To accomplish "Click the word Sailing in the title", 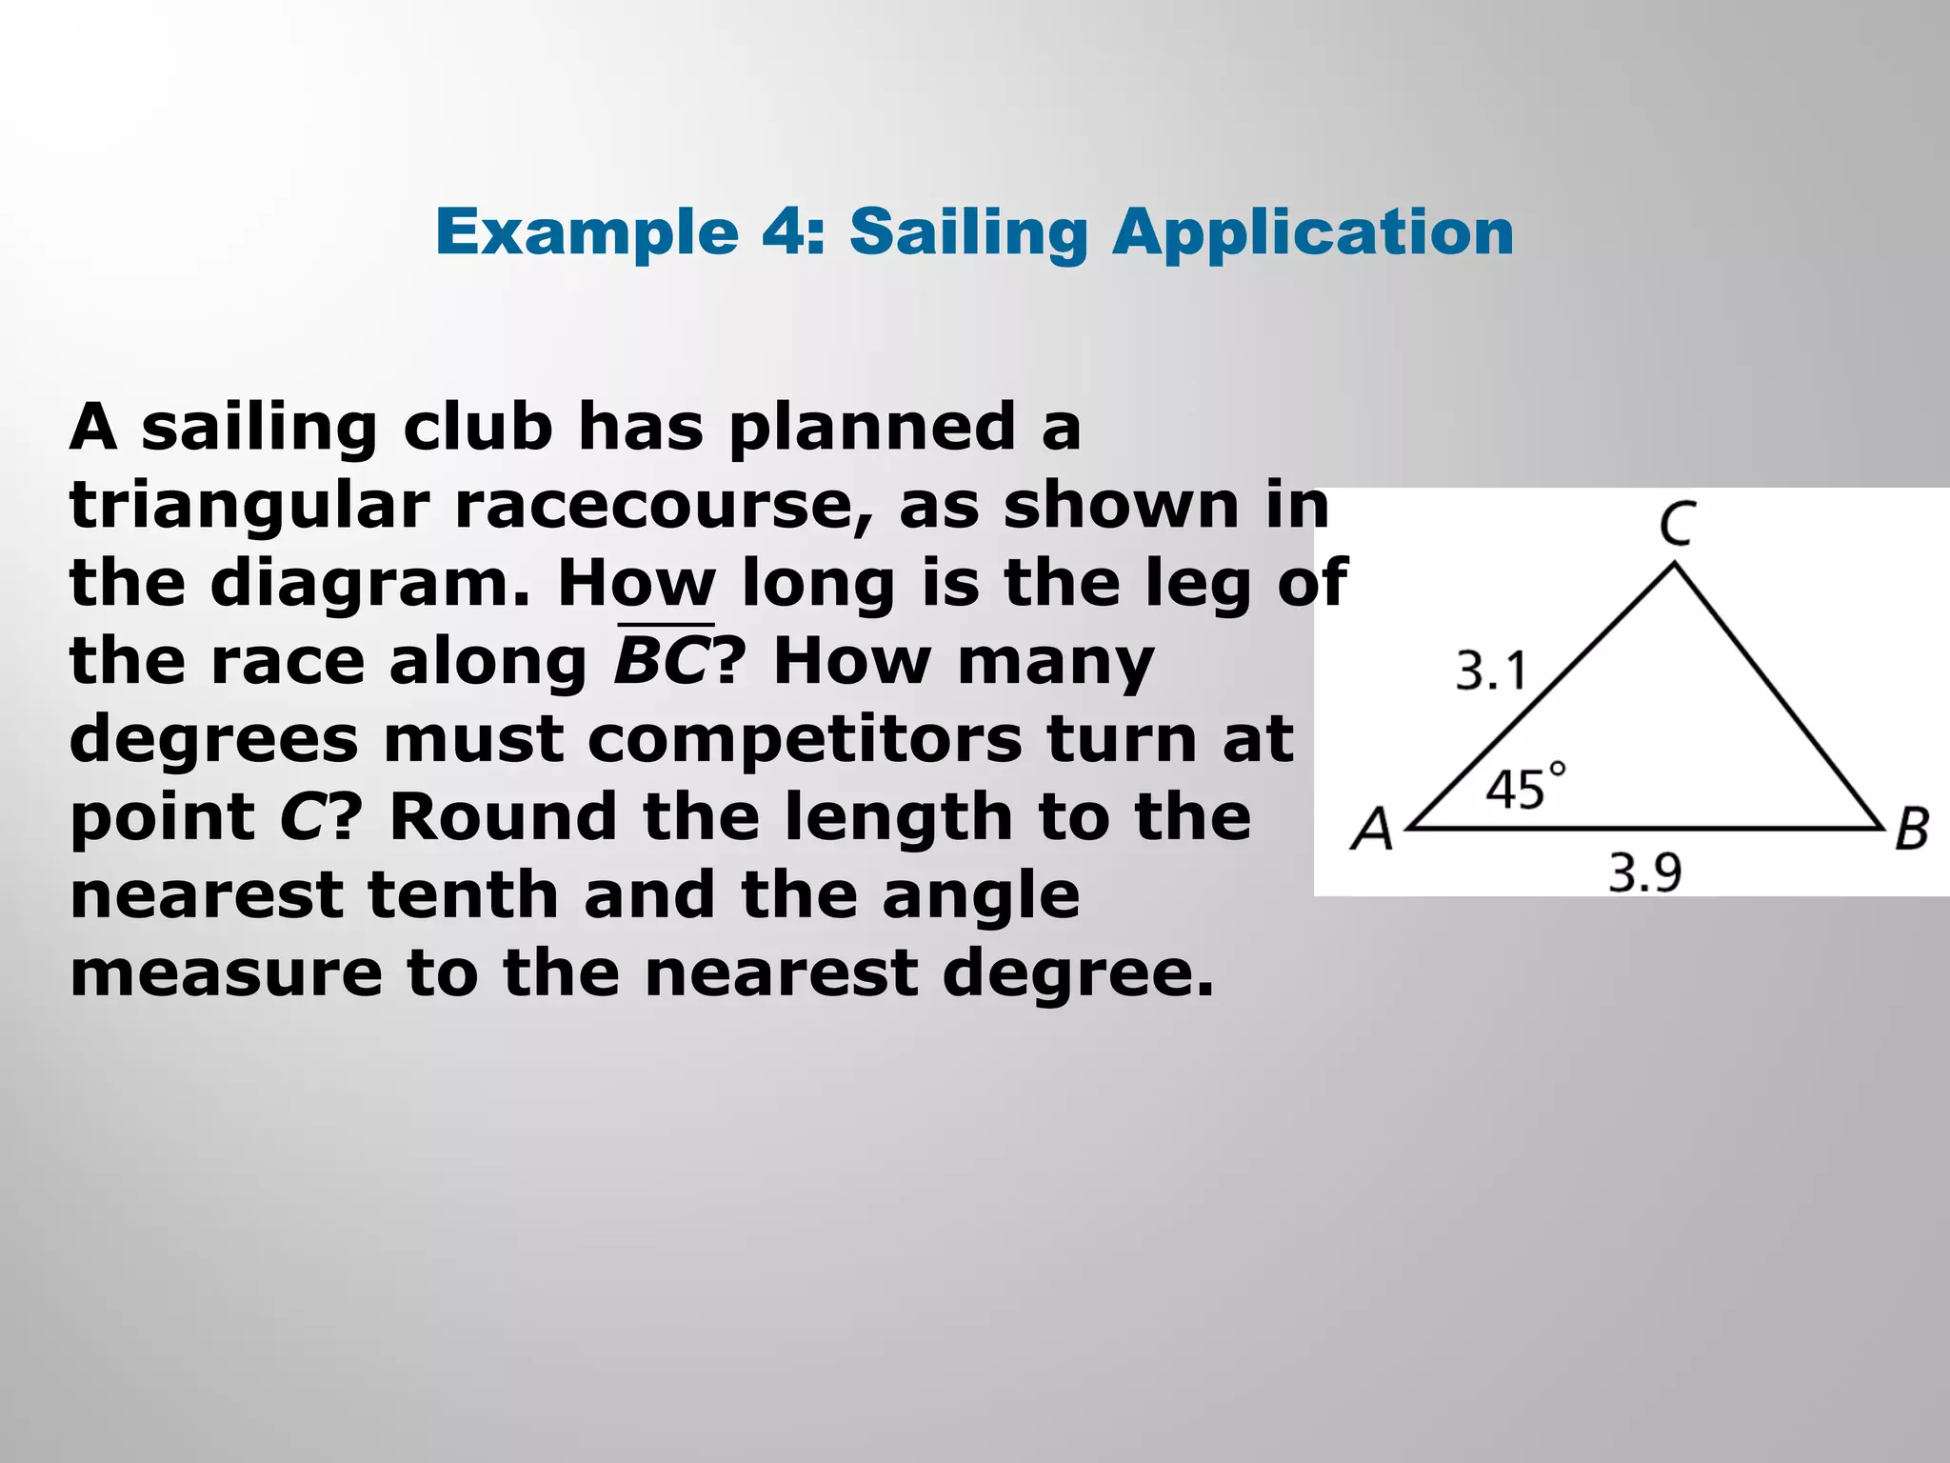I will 968,233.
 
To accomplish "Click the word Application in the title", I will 1313,233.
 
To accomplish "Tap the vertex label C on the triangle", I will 1677,524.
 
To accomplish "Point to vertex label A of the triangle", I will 1372,829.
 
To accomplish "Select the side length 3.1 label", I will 1491,671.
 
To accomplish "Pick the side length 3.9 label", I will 1645,872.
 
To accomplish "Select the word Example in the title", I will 587,233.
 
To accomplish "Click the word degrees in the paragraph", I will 213,739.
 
